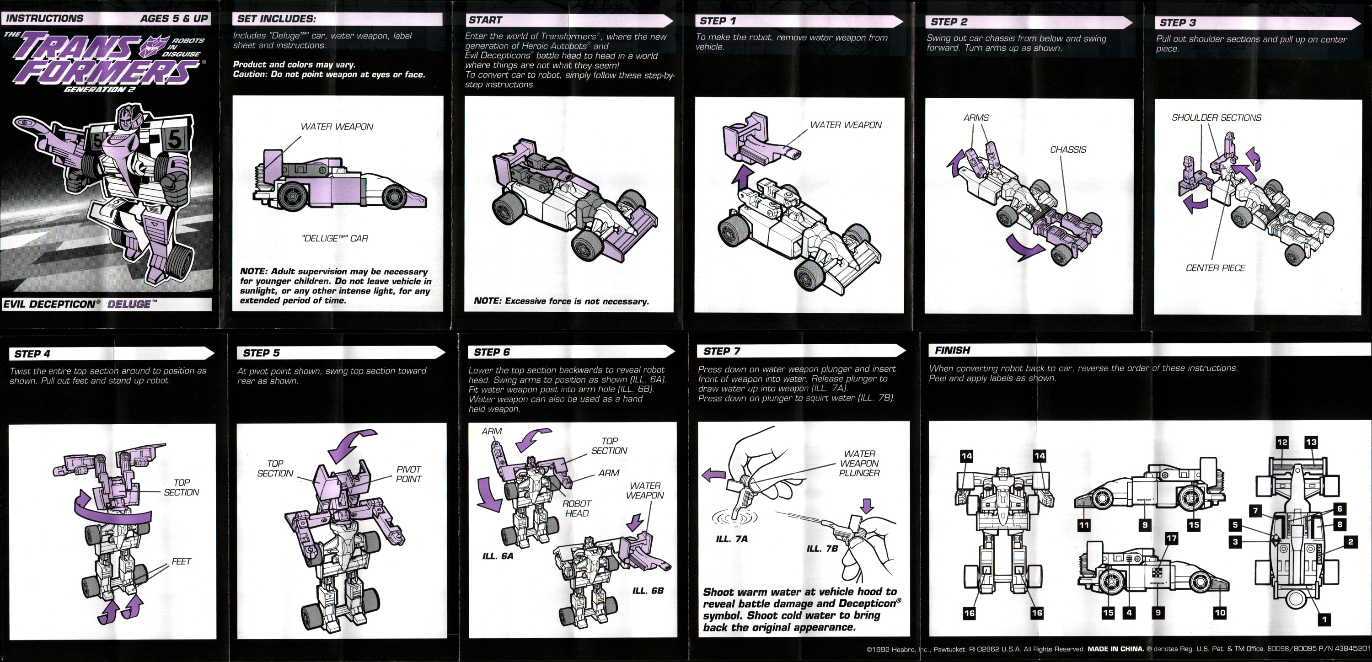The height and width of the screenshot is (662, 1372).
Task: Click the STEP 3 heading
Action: (x=1178, y=23)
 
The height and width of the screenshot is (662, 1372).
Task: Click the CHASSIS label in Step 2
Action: (x=1067, y=149)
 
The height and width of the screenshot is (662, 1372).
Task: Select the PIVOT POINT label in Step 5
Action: (x=408, y=474)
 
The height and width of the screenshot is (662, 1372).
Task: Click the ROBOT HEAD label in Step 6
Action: (x=577, y=508)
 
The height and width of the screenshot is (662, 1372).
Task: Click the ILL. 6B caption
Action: (x=648, y=591)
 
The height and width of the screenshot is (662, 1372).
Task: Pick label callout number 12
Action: (x=1282, y=442)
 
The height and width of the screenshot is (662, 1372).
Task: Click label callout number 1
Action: (x=1324, y=619)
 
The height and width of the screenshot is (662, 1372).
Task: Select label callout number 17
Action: (x=1171, y=539)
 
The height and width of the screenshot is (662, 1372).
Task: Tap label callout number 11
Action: (x=1083, y=525)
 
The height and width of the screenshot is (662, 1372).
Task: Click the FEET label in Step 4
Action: (x=181, y=561)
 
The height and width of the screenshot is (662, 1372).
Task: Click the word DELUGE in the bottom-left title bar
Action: (x=129, y=304)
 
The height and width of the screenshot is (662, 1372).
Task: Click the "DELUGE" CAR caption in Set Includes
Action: (x=335, y=239)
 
